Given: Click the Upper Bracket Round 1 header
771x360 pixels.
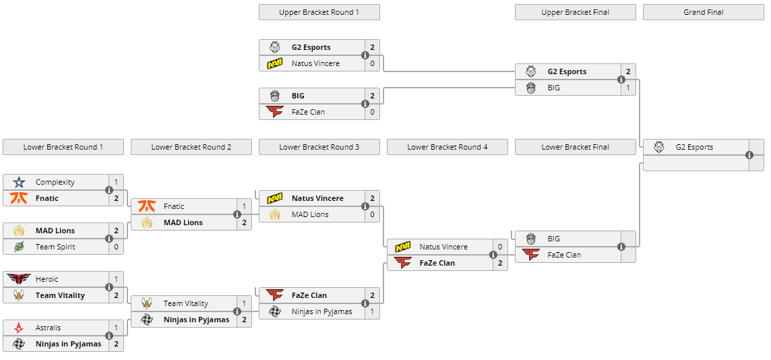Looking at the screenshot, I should (319, 12).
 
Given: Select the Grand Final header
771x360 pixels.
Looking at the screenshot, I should (703, 12).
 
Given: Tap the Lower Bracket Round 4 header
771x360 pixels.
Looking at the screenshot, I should (447, 147).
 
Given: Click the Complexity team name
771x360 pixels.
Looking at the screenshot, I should (55, 182).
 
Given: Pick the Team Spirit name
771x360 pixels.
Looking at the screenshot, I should (55, 247).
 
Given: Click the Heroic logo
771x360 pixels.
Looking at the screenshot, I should (19, 279).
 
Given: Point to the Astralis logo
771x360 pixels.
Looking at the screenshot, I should (19, 328).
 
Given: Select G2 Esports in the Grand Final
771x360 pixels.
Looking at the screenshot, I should (694, 147).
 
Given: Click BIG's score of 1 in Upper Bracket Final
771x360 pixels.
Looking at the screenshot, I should (627, 88).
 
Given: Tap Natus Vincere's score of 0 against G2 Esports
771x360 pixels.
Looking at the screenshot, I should (371, 63).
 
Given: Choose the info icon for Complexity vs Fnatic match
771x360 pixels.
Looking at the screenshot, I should (109, 190).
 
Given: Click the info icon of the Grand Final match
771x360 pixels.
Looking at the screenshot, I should (749, 155).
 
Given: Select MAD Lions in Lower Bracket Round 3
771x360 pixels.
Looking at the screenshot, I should (310, 214).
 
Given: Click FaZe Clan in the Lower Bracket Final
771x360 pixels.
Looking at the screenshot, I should (564, 255).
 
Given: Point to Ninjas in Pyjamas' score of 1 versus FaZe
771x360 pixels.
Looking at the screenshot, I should (371, 311).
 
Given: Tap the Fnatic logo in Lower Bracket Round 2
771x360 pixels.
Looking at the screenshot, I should (147, 206).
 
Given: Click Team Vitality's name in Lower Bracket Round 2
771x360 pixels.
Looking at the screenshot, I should (185, 303).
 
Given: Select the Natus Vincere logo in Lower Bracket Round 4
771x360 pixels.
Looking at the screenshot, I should (403, 247).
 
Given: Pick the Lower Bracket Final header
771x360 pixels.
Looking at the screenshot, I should (575, 147).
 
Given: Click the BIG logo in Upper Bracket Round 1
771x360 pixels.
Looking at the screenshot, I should (275, 96).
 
